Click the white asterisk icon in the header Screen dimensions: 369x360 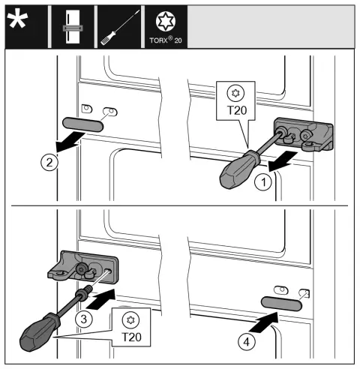click(22, 25)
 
